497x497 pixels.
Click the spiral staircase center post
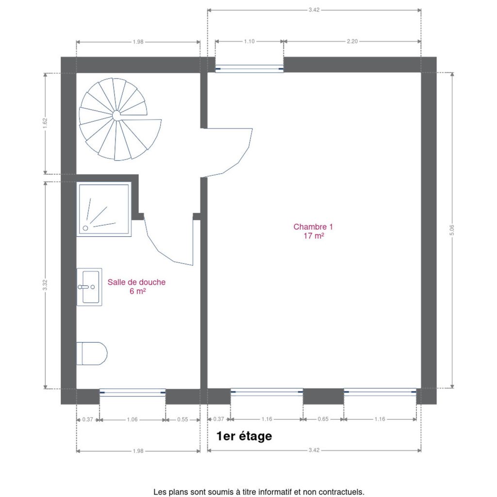(x=116, y=116)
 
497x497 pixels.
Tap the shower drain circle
(x=85, y=228)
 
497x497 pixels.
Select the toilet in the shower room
(x=92, y=353)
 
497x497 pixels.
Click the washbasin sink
(x=89, y=287)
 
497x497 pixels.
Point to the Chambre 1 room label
(x=313, y=227)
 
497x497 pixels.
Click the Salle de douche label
(x=136, y=282)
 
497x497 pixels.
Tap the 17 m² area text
(x=314, y=236)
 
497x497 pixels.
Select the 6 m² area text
(x=137, y=291)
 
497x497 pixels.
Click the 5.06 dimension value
(x=452, y=230)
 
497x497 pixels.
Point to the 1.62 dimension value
(x=45, y=123)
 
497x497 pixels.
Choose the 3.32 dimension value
(x=45, y=284)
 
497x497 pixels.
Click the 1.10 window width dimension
(x=249, y=42)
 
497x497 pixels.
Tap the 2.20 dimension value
(x=352, y=42)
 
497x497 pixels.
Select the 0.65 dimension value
(x=323, y=419)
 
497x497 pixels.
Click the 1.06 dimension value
(x=132, y=420)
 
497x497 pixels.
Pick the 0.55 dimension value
(x=182, y=420)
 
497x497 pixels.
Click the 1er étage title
(x=244, y=436)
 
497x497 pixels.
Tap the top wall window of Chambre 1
(x=249, y=68)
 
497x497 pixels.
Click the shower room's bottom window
(x=133, y=392)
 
